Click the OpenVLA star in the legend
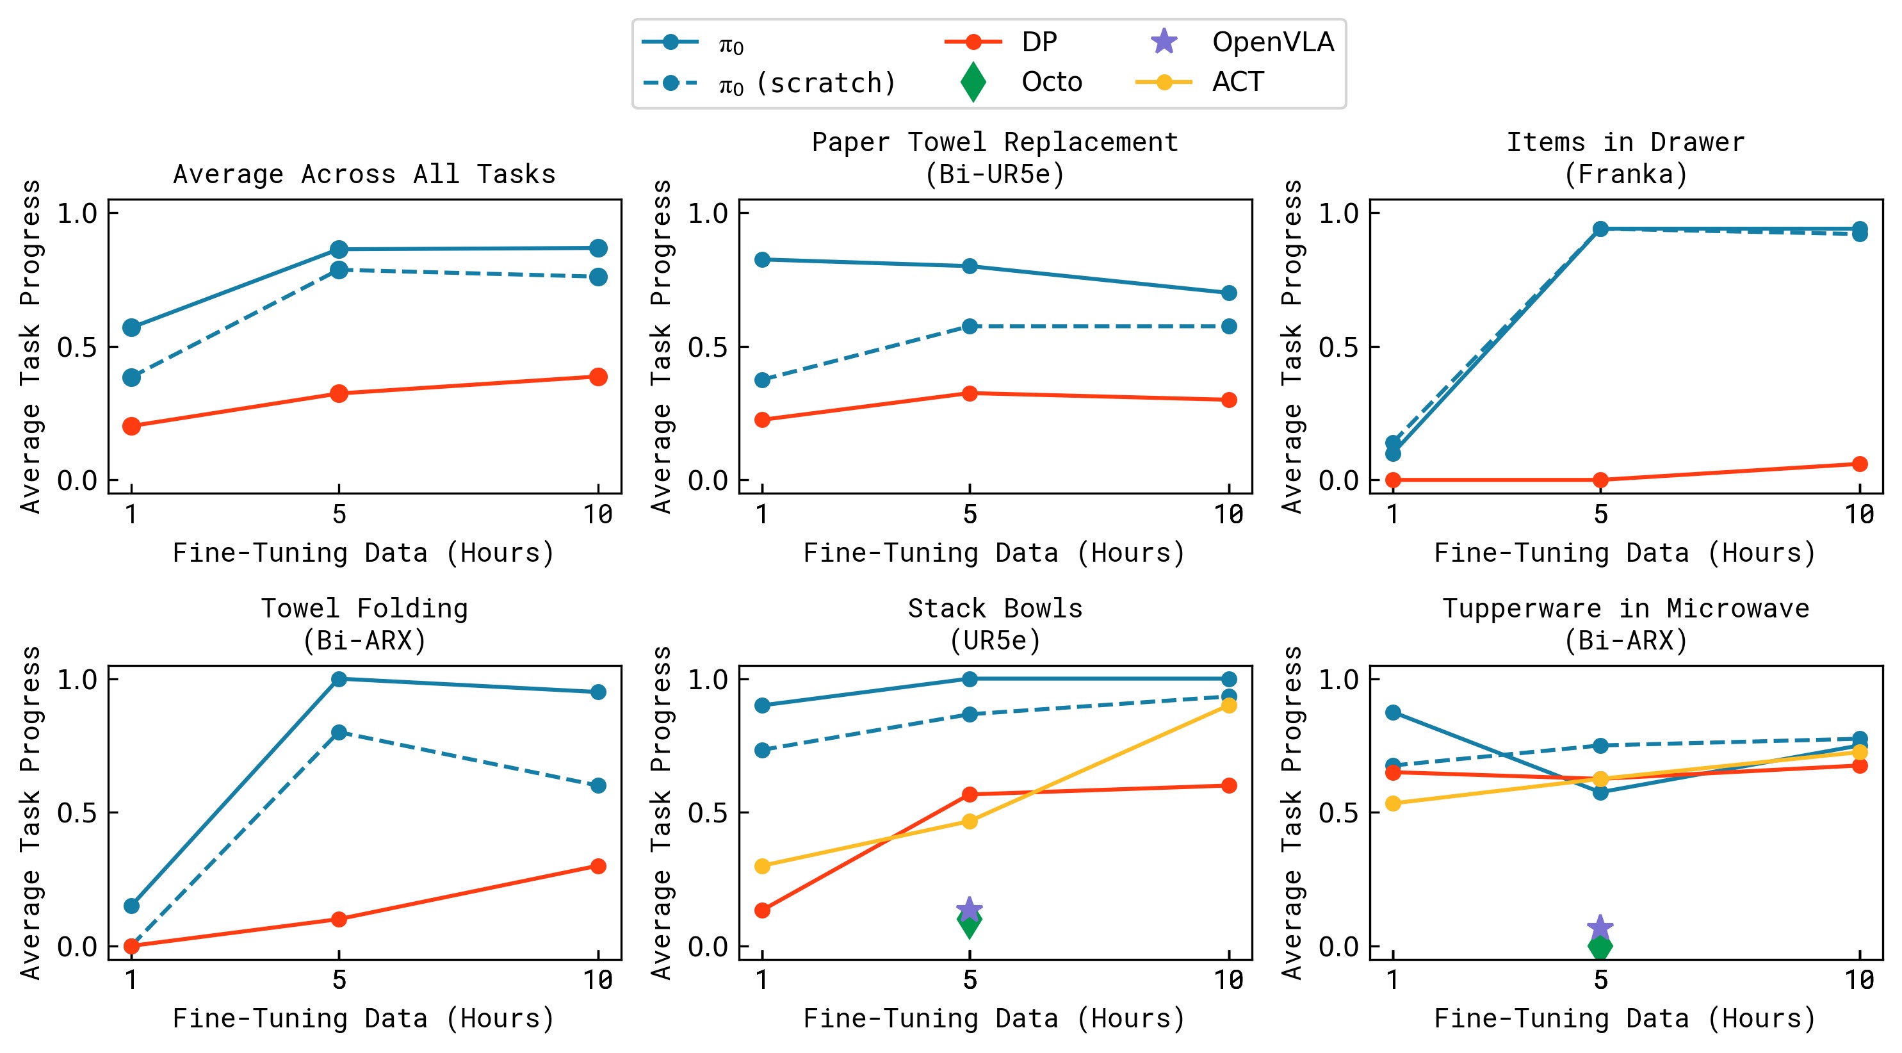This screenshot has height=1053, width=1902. click(1164, 42)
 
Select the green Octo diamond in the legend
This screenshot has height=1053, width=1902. click(973, 82)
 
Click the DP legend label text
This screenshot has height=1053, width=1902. click(1039, 42)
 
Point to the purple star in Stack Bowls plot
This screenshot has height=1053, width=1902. click(970, 909)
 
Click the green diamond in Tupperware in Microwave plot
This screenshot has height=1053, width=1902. click(1600, 946)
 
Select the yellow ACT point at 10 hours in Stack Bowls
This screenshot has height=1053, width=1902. click(1229, 705)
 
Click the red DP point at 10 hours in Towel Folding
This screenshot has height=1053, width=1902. click(598, 865)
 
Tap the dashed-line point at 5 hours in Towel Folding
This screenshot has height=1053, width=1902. click(339, 731)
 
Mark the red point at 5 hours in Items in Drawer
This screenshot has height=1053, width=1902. click(1600, 480)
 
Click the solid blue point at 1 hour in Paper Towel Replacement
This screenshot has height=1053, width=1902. click(762, 259)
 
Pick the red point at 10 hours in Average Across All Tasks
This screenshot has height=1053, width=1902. click(598, 377)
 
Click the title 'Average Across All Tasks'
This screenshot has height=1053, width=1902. click(364, 174)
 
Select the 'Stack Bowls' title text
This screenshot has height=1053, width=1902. click(995, 608)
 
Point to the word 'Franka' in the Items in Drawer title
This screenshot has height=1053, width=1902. click(1625, 175)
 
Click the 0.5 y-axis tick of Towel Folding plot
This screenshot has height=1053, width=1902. click(77, 812)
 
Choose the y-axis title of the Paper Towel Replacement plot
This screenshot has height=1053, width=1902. click(661, 347)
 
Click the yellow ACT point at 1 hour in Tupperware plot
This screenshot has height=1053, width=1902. click(1392, 803)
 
